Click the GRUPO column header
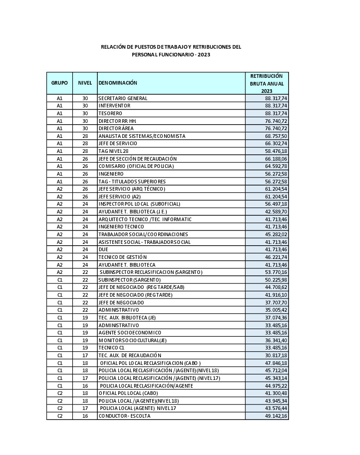click(60, 83)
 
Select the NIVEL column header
click(85, 83)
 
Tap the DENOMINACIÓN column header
click(118, 83)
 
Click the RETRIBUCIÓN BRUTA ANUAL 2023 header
click(266, 83)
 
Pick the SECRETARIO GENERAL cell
click(123, 98)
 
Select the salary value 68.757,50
click(276, 136)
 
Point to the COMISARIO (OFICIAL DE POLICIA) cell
click(136, 166)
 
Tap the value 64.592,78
click(276, 166)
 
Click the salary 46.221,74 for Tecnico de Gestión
click(276, 257)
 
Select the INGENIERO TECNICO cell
click(121, 227)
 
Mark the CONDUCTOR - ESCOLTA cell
click(124, 416)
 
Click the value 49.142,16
click(276, 416)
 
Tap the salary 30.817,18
click(276, 355)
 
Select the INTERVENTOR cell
click(114, 106)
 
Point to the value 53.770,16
click(276, 272)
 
